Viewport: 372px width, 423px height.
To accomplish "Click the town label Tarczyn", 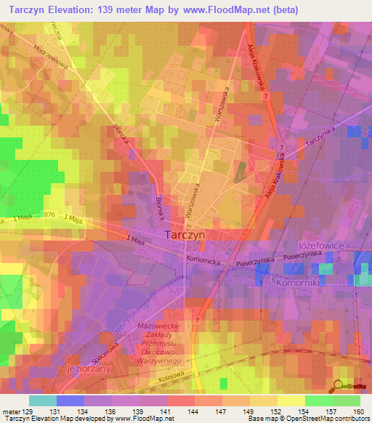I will (x=187, y=235).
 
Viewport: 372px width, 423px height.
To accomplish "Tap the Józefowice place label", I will (x=325, y=247).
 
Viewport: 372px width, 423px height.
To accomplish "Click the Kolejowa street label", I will (x=167, y=379).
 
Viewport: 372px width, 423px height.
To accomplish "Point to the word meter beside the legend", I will (x=11, y=412).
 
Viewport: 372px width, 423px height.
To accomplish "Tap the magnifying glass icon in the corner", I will (x=338, y=387).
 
